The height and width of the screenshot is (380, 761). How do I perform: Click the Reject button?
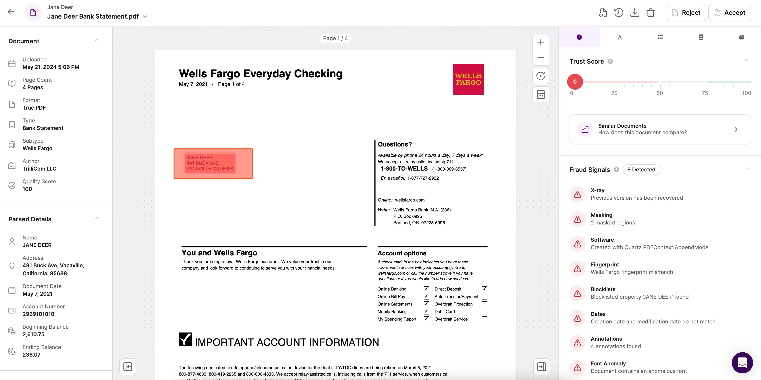click(686, 13)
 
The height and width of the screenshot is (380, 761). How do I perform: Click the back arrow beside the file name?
click(11, 12)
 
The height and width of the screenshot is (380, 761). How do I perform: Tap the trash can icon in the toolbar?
click(650, 13)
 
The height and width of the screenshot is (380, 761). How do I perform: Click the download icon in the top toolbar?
click(635, 13)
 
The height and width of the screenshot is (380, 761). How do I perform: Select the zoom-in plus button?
click(541, 42)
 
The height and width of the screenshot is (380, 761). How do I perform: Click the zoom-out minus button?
click(541, 58)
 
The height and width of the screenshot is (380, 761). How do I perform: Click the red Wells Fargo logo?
click(468, 79)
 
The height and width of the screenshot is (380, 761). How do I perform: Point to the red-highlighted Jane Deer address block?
click(213, 163)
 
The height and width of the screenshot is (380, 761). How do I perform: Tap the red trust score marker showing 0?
click(575, 82)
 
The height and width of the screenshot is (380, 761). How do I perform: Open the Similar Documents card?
click(660, 129)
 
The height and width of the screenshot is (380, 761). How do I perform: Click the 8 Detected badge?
click(641, 169)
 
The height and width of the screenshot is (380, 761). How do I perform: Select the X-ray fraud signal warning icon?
click(577, 194)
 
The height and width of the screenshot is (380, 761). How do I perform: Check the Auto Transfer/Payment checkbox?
click(484, 296)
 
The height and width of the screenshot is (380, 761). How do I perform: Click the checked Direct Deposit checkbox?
click(484, 289)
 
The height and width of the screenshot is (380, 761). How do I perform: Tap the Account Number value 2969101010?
click(38, 314)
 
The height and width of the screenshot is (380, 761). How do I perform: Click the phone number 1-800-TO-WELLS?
click(404, 169)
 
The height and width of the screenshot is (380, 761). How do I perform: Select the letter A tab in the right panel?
click(620, 37)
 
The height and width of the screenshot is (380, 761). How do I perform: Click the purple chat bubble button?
click(742, 362)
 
